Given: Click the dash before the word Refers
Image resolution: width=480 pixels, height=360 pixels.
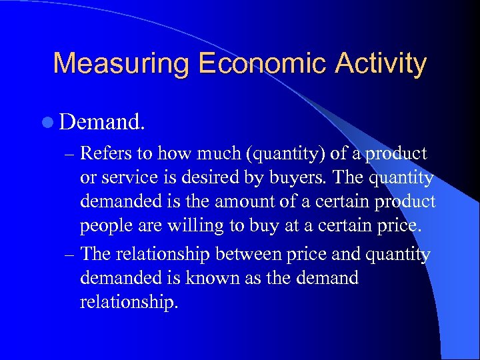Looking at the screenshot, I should point(69,155).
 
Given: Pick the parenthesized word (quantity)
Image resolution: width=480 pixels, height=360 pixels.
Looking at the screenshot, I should point(287,154).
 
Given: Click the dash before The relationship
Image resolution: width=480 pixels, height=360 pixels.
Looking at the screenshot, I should point(69,255).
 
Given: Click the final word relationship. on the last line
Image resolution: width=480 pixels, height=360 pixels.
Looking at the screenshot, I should point(129,302).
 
